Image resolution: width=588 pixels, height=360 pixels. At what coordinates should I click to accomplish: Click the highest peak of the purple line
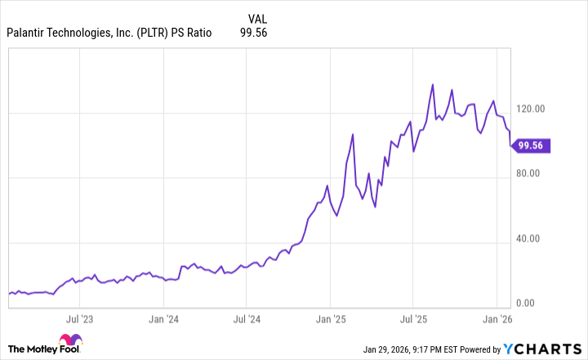point(433,84)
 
